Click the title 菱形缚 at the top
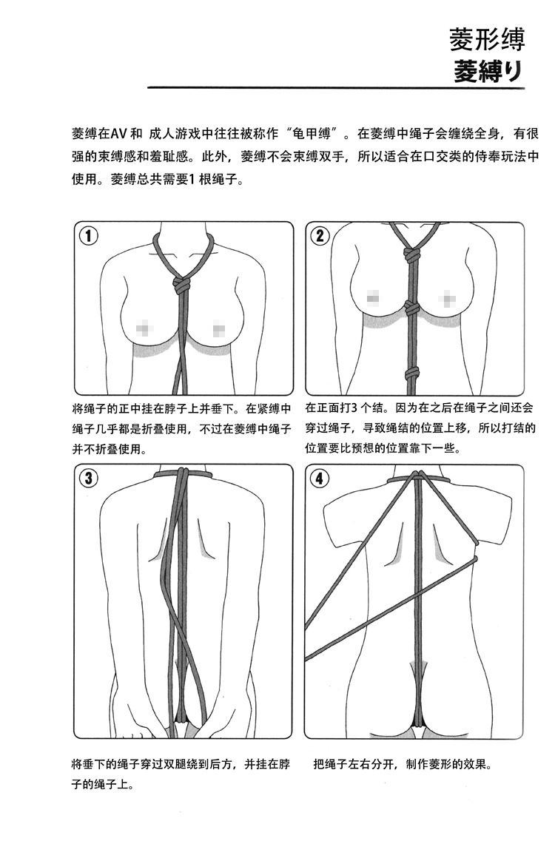tap(487, 39)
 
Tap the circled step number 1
tap(88, 236)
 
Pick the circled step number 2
tap(320, 236)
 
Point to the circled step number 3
tap(88, 478)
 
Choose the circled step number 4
tap(320, 478)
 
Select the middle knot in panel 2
tap(411, 306)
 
